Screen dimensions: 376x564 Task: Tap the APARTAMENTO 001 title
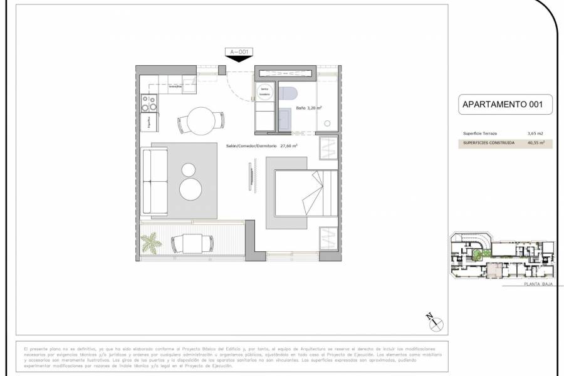498,104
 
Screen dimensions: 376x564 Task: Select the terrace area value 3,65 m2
536,133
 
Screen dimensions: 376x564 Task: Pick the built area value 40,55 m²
536,143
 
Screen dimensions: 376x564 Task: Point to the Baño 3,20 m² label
310,108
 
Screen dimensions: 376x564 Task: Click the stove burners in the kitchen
150,102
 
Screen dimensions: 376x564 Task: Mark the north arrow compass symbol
435,321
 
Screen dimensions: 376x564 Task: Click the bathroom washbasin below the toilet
284,117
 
